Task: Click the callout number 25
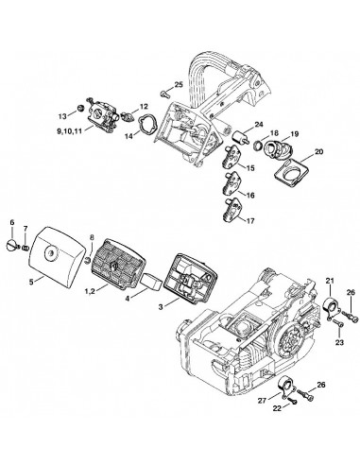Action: click(x=179, y=85)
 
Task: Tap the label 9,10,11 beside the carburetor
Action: click(x=69, y=131)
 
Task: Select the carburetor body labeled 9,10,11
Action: click(x=103, y=112)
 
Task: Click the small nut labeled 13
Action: click(x=81, y=108)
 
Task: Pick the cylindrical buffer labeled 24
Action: click(x=239, y=138)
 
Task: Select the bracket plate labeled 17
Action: click(x=232, y=210)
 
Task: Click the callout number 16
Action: click(x=250, y=196)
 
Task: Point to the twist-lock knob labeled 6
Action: click(x=11, y=245)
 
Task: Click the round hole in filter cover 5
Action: click(x=50, y=252)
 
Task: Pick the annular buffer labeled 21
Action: click(x=332, y=307)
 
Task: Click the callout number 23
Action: click(x=339, y=342)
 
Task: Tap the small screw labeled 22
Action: click(x=292, y=401)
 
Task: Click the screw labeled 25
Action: click(x=164, y=93)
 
